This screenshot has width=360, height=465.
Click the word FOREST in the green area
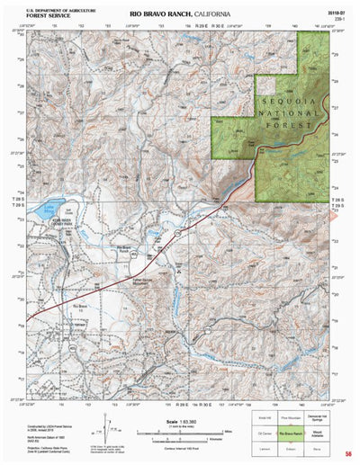(x=292, y=128)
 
